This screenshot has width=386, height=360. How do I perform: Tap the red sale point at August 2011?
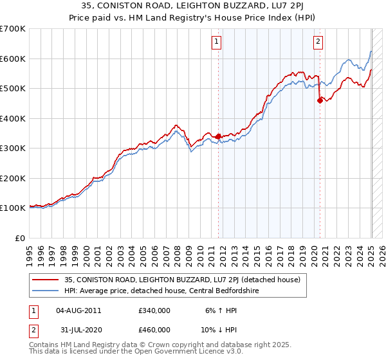(218, 136)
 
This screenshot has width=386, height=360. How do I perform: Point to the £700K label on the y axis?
(13, 29)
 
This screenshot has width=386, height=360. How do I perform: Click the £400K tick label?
(13, 118)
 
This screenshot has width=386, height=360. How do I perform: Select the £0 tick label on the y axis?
(21, 238)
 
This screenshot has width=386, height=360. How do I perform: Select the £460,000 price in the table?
(154, 329)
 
